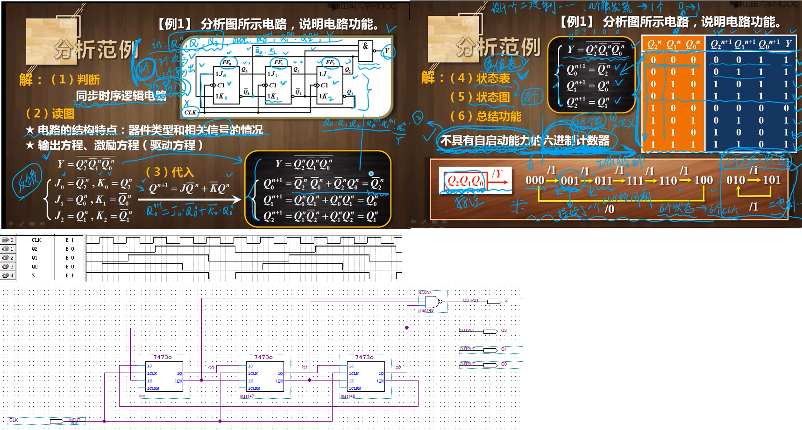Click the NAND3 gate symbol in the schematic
point(432,302)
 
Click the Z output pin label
point(506,301)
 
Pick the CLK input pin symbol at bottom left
point(57,421)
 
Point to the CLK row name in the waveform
point(36,240)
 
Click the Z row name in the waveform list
point(33,275)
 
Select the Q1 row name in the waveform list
point(34,258)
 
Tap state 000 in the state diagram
point(535,180)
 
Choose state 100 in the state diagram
point(703,180)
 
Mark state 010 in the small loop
point(736,180)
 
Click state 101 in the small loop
point(771,180)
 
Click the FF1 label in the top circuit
point(278,62)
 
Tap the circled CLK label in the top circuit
point(191,112)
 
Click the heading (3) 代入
point(170,172)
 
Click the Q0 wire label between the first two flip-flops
point(211,368)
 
